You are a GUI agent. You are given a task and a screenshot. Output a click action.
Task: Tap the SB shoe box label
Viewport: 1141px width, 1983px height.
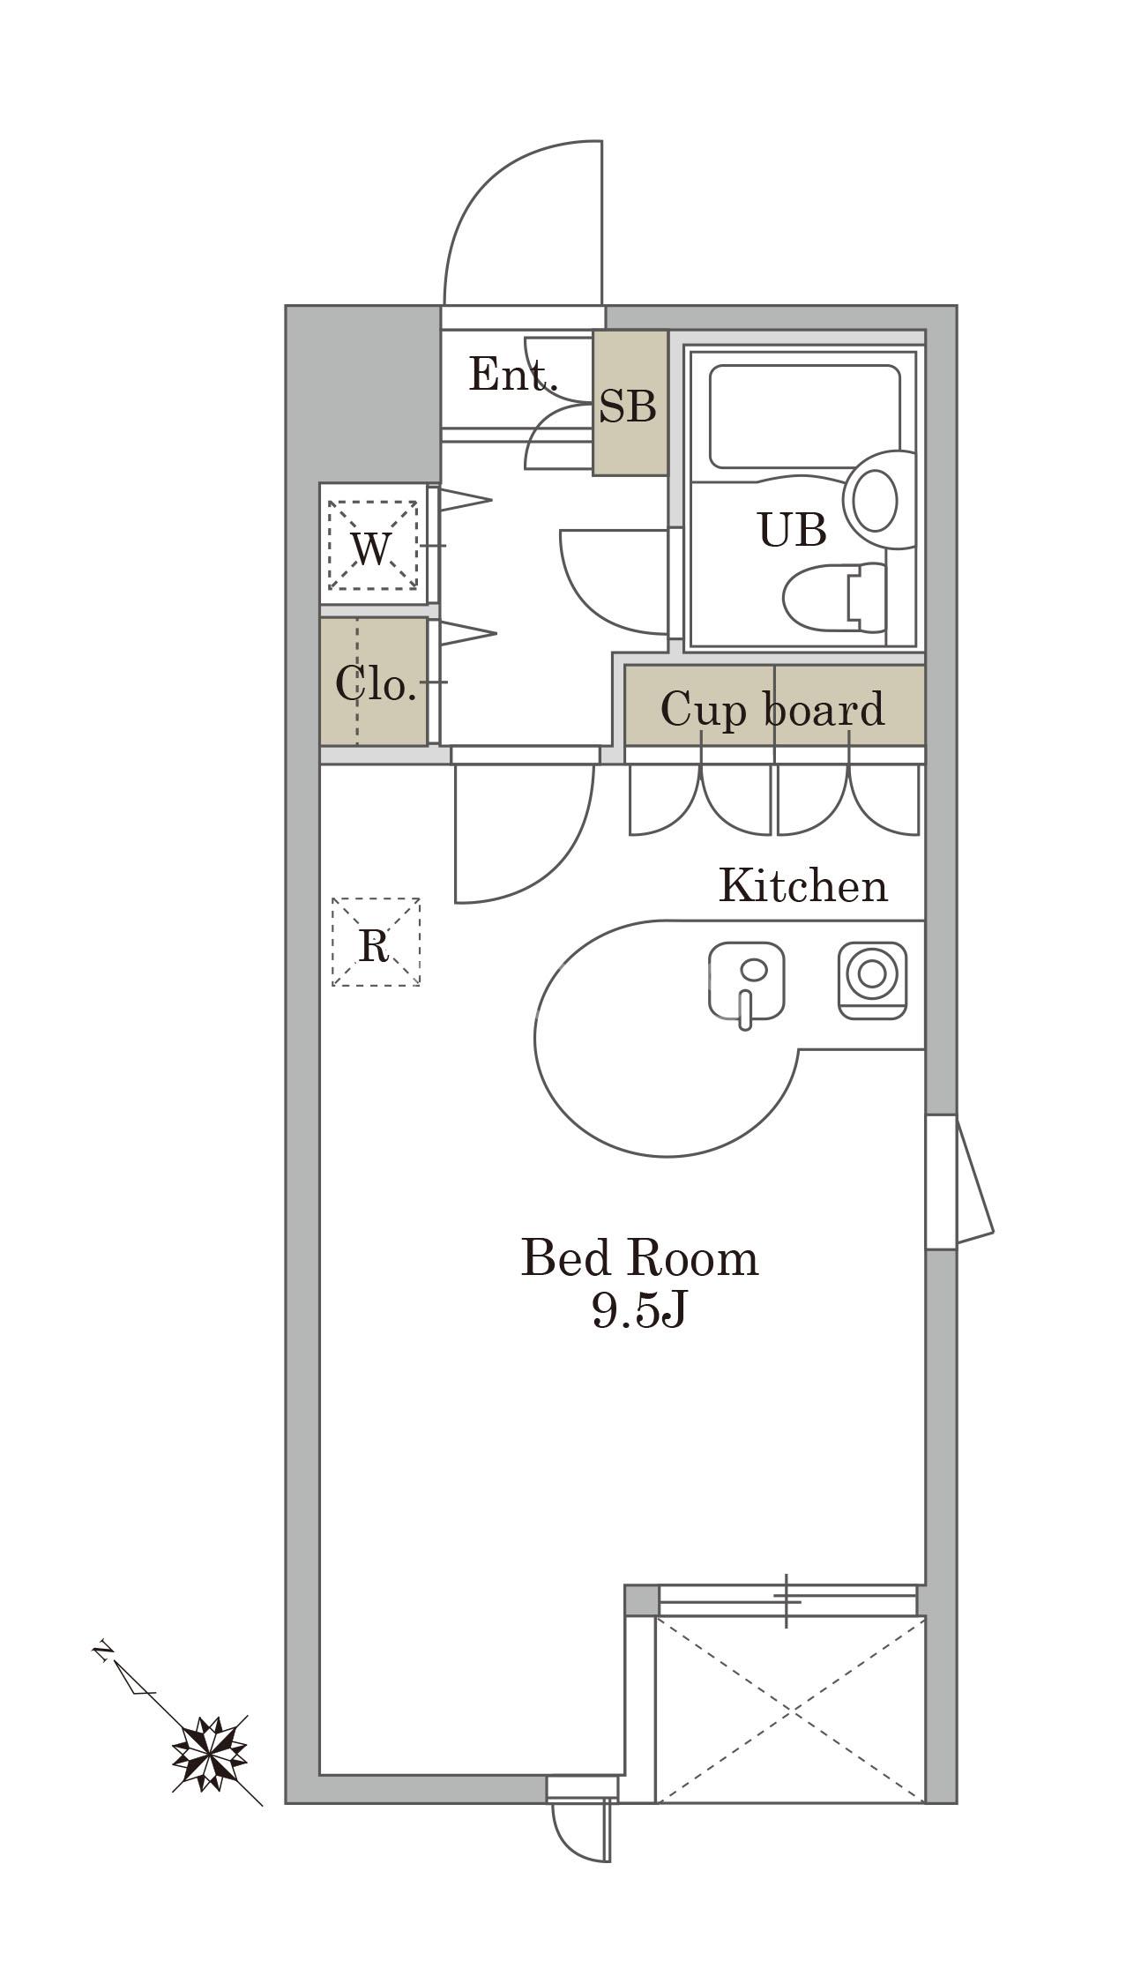click(628, 406)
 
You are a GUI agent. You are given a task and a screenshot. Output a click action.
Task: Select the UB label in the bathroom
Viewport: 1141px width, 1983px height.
click(792, 530)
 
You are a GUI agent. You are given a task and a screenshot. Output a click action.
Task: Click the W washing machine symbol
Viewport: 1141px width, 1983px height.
click(372, 546)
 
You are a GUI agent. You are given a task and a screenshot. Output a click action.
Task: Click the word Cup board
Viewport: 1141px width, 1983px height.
click(772, 709)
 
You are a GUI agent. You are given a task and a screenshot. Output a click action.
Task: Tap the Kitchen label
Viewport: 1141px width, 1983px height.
click(803, 885)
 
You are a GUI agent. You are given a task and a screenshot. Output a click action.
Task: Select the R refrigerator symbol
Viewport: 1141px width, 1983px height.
click(376, 942)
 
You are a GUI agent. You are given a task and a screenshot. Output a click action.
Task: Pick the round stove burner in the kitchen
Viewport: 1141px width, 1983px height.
click(872, 973)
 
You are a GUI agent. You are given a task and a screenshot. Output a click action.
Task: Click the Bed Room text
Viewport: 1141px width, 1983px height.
click(639, 1258)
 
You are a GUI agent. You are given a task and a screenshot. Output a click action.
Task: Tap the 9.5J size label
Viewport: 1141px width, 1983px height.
click(638, 1311)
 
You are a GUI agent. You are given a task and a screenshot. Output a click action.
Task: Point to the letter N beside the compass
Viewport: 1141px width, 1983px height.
click(103, 1651)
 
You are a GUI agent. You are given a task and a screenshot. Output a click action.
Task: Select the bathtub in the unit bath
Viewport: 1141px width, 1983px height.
click(804, 416)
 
